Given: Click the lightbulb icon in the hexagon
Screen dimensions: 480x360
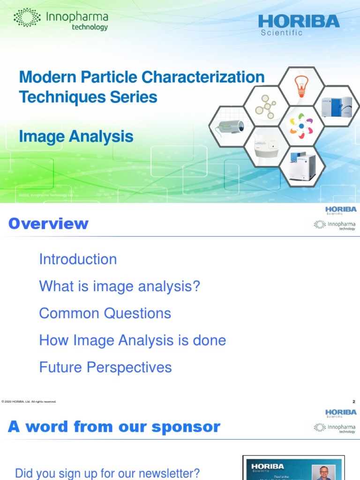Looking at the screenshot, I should point(300,86).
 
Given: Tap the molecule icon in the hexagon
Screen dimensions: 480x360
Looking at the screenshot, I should point(266,107).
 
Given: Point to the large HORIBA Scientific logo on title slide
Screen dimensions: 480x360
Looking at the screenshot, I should point(299,24).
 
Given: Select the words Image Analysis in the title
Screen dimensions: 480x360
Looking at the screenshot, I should point(76,137).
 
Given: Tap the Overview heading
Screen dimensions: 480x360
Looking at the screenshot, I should point(48,224).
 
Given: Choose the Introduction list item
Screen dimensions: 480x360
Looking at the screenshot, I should point(78,259).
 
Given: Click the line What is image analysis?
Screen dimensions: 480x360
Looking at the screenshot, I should point(120,286).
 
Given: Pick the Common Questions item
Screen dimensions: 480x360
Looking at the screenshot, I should point(105,313).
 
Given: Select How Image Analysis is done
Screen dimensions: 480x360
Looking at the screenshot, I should point(132,340).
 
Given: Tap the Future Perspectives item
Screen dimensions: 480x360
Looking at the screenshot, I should point(105,367).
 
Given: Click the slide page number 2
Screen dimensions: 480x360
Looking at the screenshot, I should point(353,402).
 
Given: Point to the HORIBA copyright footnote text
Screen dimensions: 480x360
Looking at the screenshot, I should point(29,402).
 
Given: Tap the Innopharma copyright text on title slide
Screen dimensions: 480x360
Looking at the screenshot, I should point(45,195).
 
